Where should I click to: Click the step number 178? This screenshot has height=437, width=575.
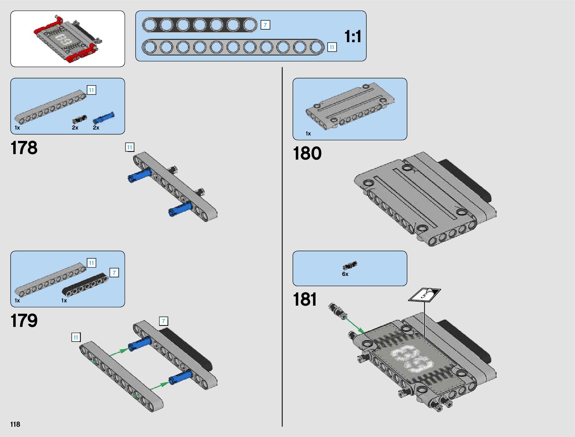click(24, 148)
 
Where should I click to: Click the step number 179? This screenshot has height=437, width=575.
click(24, 321)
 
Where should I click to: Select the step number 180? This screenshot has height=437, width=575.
click(307, 153)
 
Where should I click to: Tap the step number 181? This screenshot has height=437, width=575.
click(305, 299)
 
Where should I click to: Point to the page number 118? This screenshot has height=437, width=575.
click(15, 424)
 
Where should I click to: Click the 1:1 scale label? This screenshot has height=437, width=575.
click(352, 37)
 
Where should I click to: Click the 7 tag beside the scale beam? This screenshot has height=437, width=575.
click(265, 25)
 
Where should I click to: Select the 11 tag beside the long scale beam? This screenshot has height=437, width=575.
click(332, 47)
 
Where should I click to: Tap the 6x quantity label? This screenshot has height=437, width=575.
click(345, 274)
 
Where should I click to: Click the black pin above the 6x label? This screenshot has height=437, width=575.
click(350, 265)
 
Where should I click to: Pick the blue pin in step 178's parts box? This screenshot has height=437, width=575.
click(103, 118)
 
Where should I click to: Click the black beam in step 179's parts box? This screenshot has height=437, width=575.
click(85, 285)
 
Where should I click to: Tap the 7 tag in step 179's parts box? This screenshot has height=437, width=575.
click(114, 273)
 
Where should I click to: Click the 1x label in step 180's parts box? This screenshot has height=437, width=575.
click(308, 134)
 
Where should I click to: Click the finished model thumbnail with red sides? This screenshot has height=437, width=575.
click(68, 39)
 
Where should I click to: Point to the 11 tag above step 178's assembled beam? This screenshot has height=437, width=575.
click(129, 147)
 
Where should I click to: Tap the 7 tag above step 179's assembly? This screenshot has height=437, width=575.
click(163, 321)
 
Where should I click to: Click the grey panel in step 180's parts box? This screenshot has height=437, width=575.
click(350, 106)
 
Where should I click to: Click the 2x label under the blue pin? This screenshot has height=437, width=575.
click(96, 128)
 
